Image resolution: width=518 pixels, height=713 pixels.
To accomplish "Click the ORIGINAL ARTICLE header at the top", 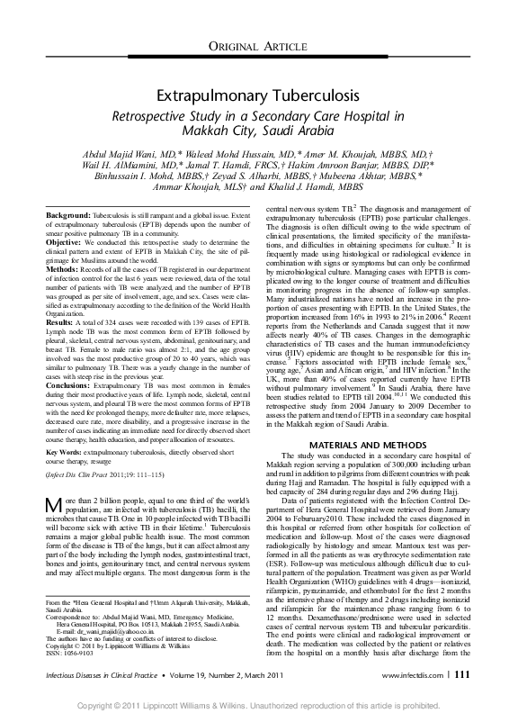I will (258, 46).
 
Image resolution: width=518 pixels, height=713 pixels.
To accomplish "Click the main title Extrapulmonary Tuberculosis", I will (258, 95).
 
